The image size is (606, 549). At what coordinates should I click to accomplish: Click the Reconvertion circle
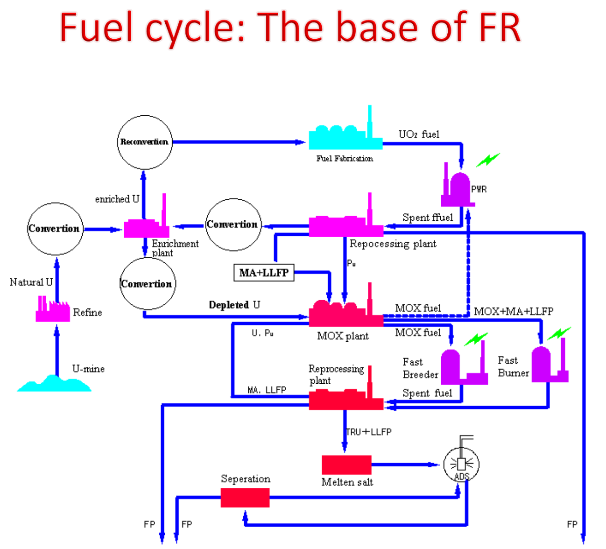(144, 142)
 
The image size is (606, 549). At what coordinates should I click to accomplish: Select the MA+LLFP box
(264, 273)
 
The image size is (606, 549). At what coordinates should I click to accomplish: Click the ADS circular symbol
(461, 464)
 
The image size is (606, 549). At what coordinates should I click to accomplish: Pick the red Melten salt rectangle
(346, 465)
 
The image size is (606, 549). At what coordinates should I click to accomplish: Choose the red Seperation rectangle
(245, 498)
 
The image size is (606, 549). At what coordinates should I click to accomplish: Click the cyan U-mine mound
(54, 384)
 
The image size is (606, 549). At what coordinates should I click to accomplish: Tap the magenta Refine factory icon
(52, 310)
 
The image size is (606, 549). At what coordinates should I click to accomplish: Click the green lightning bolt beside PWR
(488, 160)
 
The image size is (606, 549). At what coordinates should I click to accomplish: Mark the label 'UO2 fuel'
(419, 134)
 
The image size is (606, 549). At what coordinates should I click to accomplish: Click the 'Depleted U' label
(234, 305)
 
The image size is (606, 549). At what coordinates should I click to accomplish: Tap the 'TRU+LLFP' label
(369, 432)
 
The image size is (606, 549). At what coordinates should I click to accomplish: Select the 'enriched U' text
(117, 199)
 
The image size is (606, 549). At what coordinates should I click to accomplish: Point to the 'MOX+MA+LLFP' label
(514, 311)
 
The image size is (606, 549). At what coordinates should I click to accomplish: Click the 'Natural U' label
(31, 282)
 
